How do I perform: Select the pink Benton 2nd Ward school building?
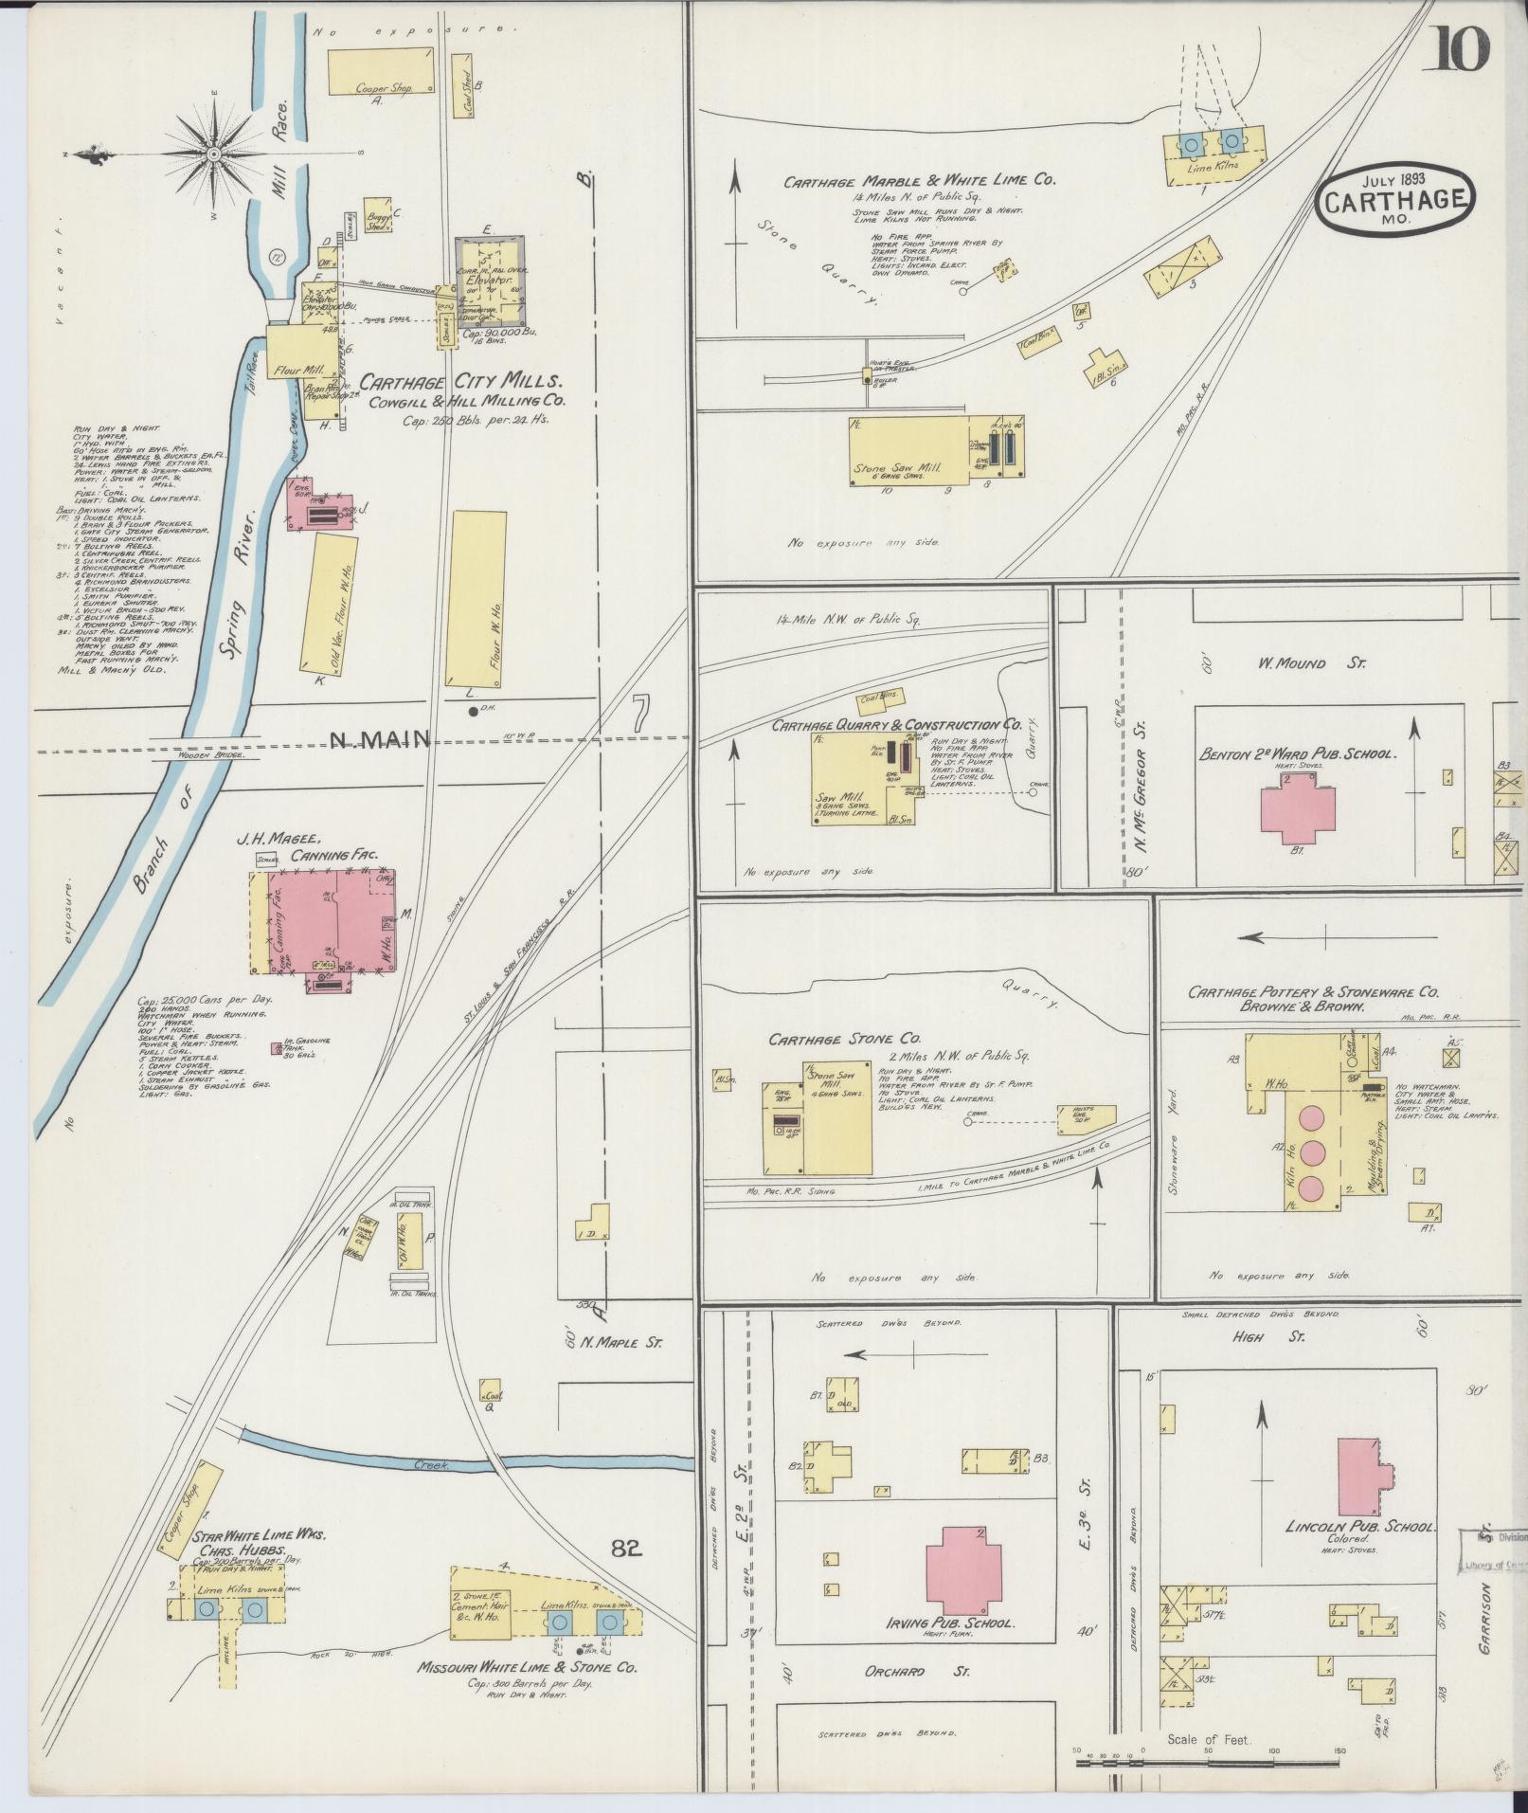pos(1298,807)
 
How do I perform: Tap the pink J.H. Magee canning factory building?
pos(322,919)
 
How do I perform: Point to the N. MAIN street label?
pos(380,738)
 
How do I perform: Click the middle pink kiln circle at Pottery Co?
pos(1312,1153)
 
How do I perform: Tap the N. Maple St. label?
pos(623,1342)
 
